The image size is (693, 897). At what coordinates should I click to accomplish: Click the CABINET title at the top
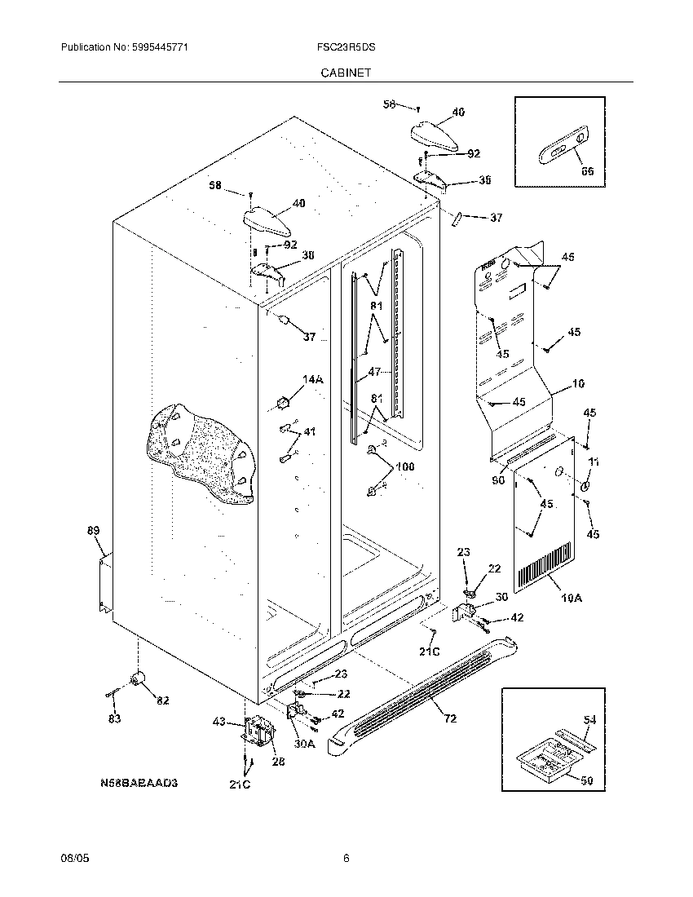tap(346, 73)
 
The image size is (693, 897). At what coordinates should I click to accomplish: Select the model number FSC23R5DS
tap(346, 48)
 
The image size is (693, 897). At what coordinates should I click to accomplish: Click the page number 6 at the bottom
tap(346, 858)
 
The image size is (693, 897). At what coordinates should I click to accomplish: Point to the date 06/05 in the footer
tap(73, 858)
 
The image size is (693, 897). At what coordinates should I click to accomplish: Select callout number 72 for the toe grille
tap(449, 718)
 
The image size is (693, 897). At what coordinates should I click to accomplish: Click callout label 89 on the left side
tap(93, 531)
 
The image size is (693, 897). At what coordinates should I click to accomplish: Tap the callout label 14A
tap(314, 379)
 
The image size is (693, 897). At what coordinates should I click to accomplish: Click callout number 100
tap(404, 466)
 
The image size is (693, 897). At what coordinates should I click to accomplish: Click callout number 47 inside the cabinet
tap(374, 371)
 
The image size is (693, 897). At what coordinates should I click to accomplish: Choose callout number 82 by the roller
tap(163, 700)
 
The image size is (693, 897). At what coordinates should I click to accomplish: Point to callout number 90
tap(498, 480)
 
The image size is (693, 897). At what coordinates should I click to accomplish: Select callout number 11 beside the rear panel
tap(594, 462)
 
